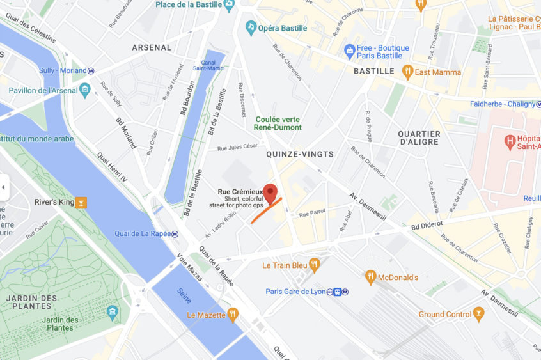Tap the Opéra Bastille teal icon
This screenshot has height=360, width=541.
coord(251,28)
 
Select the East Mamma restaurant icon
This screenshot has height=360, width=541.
coord(407,72)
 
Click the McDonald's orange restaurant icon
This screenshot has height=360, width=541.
coord(370,278)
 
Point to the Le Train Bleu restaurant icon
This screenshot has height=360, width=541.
coord(313,265)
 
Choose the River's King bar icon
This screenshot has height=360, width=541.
coord(81,203)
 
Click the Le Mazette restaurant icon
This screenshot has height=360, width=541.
coord(232,315)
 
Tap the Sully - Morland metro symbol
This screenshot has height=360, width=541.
coord(91,71)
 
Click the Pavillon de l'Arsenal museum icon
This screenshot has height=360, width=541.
coord(85,90)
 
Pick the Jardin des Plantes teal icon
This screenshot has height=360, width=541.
coord(113,312)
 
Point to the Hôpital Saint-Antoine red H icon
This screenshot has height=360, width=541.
coord(510,141)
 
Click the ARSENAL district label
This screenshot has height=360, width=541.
coord(152,47)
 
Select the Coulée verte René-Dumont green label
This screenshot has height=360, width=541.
coord(281,123)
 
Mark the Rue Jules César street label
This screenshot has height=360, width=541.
coord(237,148)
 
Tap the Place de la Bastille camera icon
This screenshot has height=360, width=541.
coord(228,4)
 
